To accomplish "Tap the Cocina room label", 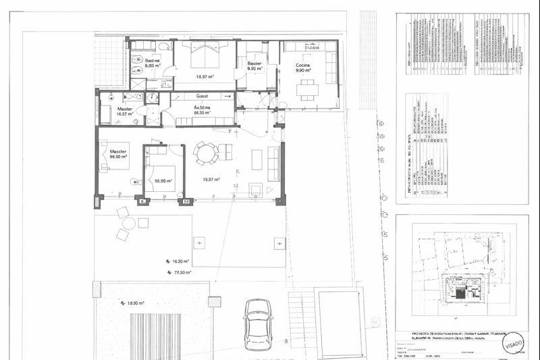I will pyautogui.click(x=302, y=67).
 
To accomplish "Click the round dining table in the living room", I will pyautogui.click(x=205, y=153).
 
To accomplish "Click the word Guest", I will pyautogui.click(x=202, y=97).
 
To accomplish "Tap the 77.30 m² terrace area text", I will pyautogui.click(x=179, y=272).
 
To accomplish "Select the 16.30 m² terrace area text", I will pyautogui.click(x=180, y=261).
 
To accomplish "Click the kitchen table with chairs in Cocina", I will pyautogui.click(x=308, y=88).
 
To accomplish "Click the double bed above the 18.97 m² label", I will pyautogui.click(x=205, y=55).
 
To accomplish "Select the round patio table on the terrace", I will pyautogui.click(x=129, y=223).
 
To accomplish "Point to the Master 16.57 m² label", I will pyautogui.click(x=125, y=111).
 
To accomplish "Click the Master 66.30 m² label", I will pyautogui.click(x=119, y=154).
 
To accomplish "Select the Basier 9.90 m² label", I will pyautogui.click(x=254, y=66).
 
